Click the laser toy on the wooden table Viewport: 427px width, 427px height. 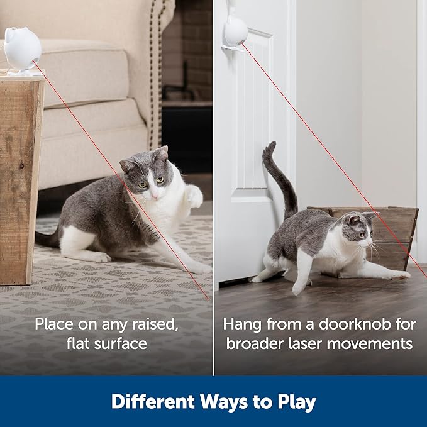(x=22, y=50)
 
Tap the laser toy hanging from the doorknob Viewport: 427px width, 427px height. (x=236, y=31)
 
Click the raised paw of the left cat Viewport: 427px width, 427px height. (x=194, y=196)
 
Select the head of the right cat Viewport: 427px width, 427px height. (x=357, y=230)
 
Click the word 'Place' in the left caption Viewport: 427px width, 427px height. (x=53, y=324)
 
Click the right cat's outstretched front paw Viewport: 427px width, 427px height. (x=400, y=275)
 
